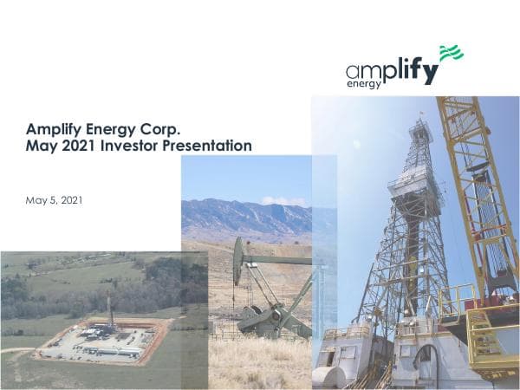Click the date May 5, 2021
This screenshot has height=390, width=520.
pyautogui.click(x=55, y=200)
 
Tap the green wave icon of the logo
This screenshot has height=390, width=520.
pyautogui.click(x=451, y=54)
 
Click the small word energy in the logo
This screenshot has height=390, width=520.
pyautogui.click(x=364, y=85)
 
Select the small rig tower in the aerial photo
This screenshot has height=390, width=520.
pyautogui.click(x=110, y=310)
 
